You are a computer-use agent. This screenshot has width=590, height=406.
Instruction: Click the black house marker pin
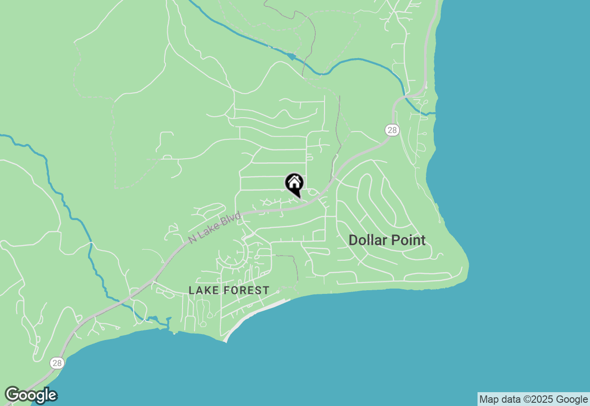pos(294,184)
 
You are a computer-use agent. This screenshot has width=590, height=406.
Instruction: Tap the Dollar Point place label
pos(387,240)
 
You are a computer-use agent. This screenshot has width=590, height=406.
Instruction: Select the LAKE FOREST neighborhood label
pos(229,290)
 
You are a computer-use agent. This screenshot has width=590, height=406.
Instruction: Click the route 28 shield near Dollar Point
pos(391,130)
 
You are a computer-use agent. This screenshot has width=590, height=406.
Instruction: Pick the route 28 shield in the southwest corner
pos(57,363)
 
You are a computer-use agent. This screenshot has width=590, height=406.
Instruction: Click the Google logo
pos(31,395)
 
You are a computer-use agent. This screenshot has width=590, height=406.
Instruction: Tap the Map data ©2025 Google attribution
pos(534,400)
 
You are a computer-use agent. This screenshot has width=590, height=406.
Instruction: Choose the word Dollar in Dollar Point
pos(366,240)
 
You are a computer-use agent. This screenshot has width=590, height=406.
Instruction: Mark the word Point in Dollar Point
pos(407,240)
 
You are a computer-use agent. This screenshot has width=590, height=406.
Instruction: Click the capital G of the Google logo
pos(12,395)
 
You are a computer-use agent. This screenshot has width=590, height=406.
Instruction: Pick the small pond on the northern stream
pos(290,56)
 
